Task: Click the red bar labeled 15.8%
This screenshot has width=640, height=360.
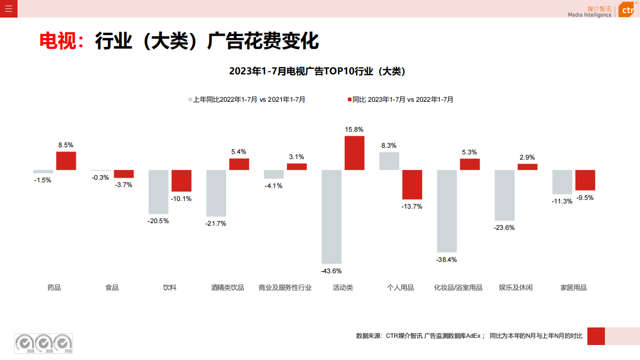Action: (x=354, y=153)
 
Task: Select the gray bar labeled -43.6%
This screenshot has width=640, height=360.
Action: (x=331, y=216)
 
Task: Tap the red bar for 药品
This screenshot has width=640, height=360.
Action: (x=66, y=161)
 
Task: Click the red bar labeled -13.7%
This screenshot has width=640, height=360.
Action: (x=412, y=184)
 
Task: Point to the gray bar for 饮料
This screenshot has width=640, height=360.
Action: (x=158, y=192)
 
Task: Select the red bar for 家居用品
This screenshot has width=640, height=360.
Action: (x=585, y=180)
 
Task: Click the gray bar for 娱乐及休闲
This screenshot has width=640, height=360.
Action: (x=504, y=195)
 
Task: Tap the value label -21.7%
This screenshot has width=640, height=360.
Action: (x=216, y=224)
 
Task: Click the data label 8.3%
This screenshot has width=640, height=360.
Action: (x=389, y=146)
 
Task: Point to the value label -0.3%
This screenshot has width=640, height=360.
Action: (x=100, y=178)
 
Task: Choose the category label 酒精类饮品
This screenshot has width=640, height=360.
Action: (x=227, y=288)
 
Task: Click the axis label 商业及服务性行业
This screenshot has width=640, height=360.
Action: (x=285, y=288)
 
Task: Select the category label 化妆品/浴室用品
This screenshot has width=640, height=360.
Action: (x=458, y=288)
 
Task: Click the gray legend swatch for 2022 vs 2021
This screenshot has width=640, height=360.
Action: (x=190, y=100)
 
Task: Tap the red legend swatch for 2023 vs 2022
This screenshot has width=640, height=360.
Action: (x=349, y=100)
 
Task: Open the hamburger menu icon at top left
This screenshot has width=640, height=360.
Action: (x=9, y=9)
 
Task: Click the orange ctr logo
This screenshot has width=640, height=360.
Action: (x=626, y=9)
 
